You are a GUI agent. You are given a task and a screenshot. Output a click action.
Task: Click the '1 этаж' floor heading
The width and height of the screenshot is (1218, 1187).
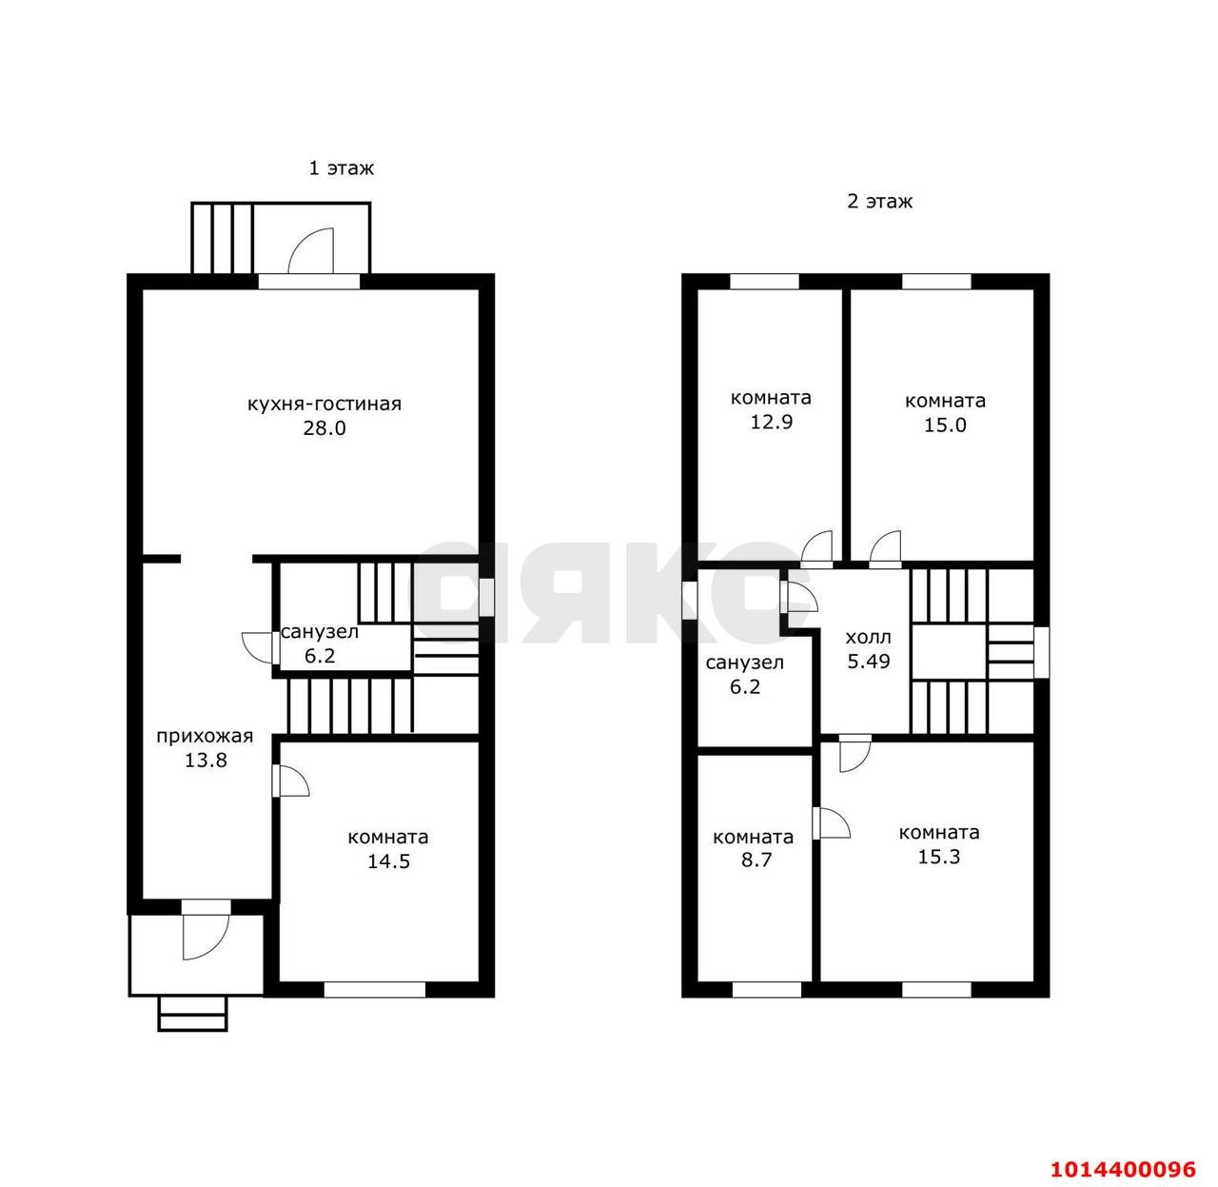(341, 168)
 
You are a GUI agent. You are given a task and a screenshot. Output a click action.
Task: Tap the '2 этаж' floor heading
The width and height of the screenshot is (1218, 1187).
(879, 202)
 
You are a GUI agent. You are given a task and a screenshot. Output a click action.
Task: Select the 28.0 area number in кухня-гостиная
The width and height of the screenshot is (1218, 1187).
(324, 428)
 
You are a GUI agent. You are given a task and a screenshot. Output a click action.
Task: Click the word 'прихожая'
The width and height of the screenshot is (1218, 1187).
(205, 736)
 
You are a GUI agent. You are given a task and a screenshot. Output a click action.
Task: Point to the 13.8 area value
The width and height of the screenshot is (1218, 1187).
(206, 760)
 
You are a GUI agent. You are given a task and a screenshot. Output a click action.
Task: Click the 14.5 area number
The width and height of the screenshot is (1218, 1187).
(388, 861)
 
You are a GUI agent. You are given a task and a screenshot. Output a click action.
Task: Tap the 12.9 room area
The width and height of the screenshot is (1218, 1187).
(771, 422)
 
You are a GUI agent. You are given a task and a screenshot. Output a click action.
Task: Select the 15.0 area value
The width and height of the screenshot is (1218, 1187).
(945, 425)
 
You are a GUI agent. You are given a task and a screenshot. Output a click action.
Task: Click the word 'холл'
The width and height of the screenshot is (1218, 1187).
(868, 638)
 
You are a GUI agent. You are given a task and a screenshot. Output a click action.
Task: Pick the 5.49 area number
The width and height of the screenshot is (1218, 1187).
(869, 662)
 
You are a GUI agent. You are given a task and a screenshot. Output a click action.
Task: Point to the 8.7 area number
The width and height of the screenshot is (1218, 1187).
(756, 860)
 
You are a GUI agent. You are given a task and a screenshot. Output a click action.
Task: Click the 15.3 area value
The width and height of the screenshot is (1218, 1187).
(939, 857)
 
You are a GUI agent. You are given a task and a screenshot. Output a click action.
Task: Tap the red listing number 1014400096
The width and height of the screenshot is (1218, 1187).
(1123, 1169)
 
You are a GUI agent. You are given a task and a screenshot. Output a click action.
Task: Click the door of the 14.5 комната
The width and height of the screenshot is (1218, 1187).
(291, 781)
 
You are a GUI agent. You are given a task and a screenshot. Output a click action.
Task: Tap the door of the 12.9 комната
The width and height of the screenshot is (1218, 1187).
(816, 548)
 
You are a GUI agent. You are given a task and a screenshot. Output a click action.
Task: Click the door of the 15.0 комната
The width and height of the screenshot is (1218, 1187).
(885, 548)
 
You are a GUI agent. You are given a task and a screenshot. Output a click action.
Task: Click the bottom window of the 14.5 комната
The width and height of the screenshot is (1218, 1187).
(375, 990)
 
